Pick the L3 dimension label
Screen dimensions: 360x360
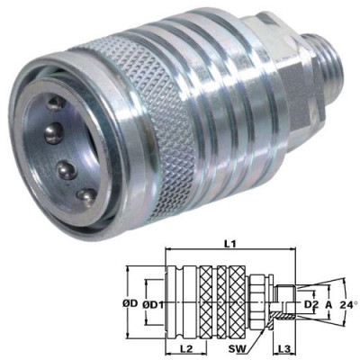tap(282, 346)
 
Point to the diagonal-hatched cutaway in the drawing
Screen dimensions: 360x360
tap(282, 310)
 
